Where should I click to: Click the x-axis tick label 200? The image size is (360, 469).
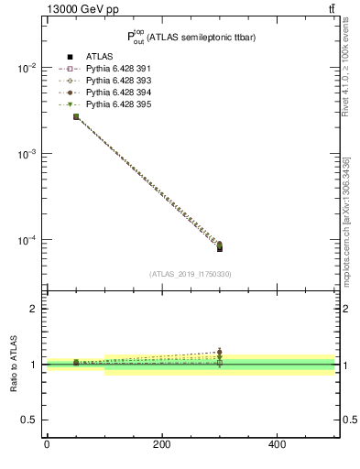coord(161,444)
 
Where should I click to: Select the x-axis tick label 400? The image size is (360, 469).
coord(277,444)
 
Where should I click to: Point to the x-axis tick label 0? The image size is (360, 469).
coord(47,444)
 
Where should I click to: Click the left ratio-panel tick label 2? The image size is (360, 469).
coord(33,309)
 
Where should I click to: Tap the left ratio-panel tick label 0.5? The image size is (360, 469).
coord(28,420)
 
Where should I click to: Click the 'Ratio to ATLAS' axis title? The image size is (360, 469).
coord(14,365)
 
